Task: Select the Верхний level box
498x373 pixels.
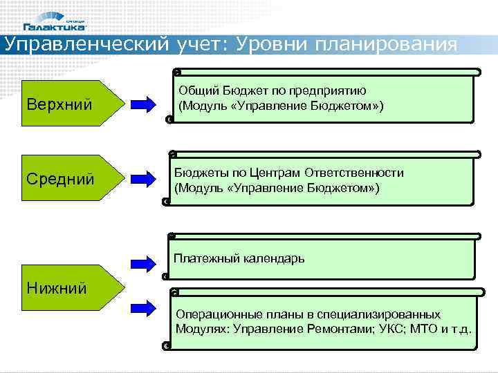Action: coord(66,105)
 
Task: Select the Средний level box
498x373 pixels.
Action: coord(66,180)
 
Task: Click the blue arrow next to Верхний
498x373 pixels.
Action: coord(145,105)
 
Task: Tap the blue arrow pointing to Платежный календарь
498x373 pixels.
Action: coord(145,262)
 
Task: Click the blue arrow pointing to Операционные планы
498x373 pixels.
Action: coord(145,303)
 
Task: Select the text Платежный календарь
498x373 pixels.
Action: coord(239,259)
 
